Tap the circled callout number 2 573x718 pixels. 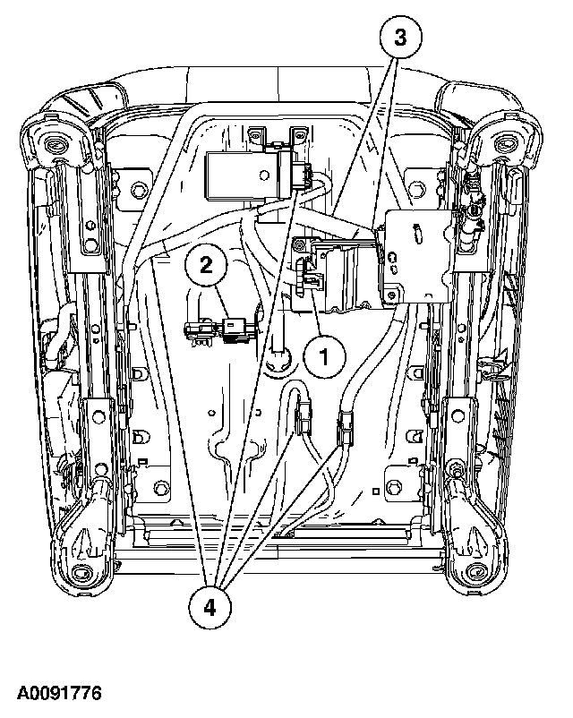205,263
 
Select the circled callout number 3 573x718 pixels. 400,38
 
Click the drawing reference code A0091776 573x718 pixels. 57,694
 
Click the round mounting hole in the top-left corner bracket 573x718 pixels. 51,144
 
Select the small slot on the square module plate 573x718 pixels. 411,235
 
